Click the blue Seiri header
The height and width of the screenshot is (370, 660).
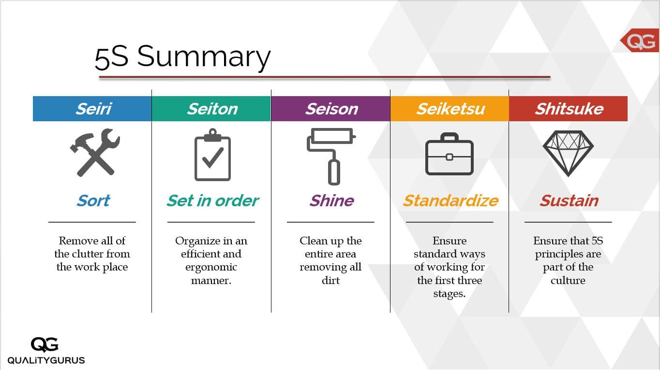tap(92, 109)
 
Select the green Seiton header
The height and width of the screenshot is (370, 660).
tap(211, 109)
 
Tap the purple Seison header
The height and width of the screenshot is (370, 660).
tap(330, 109)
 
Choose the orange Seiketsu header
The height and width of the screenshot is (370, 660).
tap(450, 109)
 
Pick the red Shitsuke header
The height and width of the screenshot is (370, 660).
tap(569, 109)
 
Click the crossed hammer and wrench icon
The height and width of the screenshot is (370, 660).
tap(95, 152)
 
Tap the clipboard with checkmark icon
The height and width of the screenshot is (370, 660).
tap(212, 155)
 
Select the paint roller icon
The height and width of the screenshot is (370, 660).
tap(331, 157)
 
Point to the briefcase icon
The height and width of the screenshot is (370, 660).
tap(450, 154)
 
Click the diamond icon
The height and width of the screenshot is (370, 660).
tap(568, 153)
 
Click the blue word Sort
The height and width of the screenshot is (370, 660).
tap(93, 201)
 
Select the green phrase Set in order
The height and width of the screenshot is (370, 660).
tap(213, 201)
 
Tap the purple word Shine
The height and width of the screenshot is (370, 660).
tap(332, 201)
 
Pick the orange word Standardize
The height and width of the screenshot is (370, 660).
tap(451, 201)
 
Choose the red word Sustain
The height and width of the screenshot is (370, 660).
tap(569, 201)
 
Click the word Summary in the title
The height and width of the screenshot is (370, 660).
tap(204, 57)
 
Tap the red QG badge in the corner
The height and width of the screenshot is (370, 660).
tap(640, 41)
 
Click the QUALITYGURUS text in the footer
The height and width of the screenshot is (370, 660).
tap(46, 360)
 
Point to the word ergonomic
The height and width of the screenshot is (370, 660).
tap(211, 267)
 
